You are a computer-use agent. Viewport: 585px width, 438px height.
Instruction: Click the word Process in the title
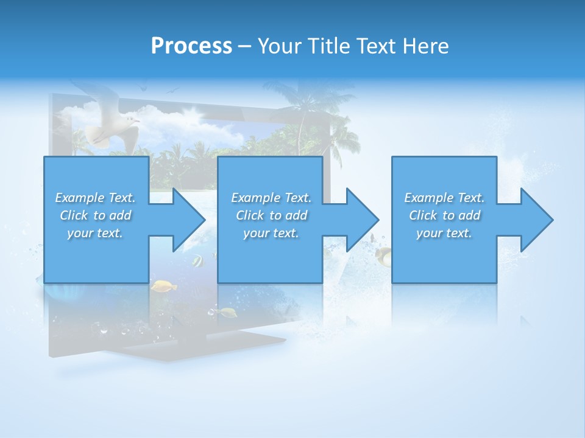click(x=191, y=46)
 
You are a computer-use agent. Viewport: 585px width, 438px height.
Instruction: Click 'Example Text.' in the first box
click(x=95, y=198)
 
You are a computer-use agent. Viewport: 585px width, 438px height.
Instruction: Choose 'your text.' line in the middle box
click(x=271, y=233)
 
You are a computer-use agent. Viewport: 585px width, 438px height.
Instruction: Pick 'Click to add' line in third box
click(x=444, y=215)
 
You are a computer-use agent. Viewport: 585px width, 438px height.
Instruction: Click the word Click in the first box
click(x=74, y=215)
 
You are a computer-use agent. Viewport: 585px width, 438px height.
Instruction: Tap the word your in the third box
click(x=429, y=233)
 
